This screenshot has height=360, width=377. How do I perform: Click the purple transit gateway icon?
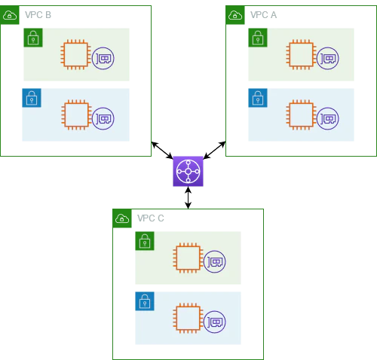188,171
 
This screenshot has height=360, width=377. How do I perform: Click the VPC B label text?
38,15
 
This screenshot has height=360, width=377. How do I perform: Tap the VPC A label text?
263,15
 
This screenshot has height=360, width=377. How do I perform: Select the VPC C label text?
151,218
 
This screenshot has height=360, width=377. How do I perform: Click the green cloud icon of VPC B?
10,15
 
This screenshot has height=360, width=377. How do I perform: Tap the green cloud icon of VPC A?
235,15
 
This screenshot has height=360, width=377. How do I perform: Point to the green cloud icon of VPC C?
122,218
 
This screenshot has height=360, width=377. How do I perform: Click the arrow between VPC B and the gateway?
162,151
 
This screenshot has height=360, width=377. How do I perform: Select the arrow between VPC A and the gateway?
214,150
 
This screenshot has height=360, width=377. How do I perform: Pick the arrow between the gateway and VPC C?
188,198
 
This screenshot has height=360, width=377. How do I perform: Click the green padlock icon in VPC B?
33,38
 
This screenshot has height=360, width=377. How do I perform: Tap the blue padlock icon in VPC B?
32,98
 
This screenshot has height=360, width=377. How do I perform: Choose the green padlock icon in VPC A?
258,38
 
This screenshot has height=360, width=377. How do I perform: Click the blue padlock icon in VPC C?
145,301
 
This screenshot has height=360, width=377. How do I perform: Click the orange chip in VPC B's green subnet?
75,54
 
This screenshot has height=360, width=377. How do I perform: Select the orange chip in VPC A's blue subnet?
301,114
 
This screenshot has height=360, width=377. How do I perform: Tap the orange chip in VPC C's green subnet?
188,258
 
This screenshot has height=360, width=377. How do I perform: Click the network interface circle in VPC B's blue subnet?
103,118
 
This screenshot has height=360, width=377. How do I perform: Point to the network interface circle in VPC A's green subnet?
328,58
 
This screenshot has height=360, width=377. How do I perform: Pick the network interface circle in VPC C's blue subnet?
215,322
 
